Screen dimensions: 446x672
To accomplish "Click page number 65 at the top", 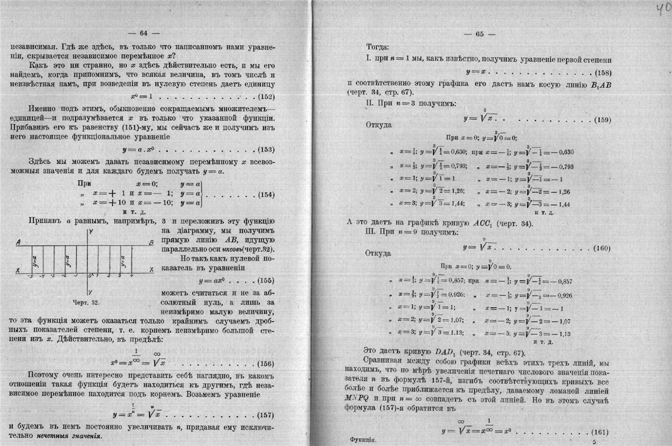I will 479,34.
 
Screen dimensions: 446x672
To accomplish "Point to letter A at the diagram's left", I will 19,242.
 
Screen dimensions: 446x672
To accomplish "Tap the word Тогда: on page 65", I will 378,47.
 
